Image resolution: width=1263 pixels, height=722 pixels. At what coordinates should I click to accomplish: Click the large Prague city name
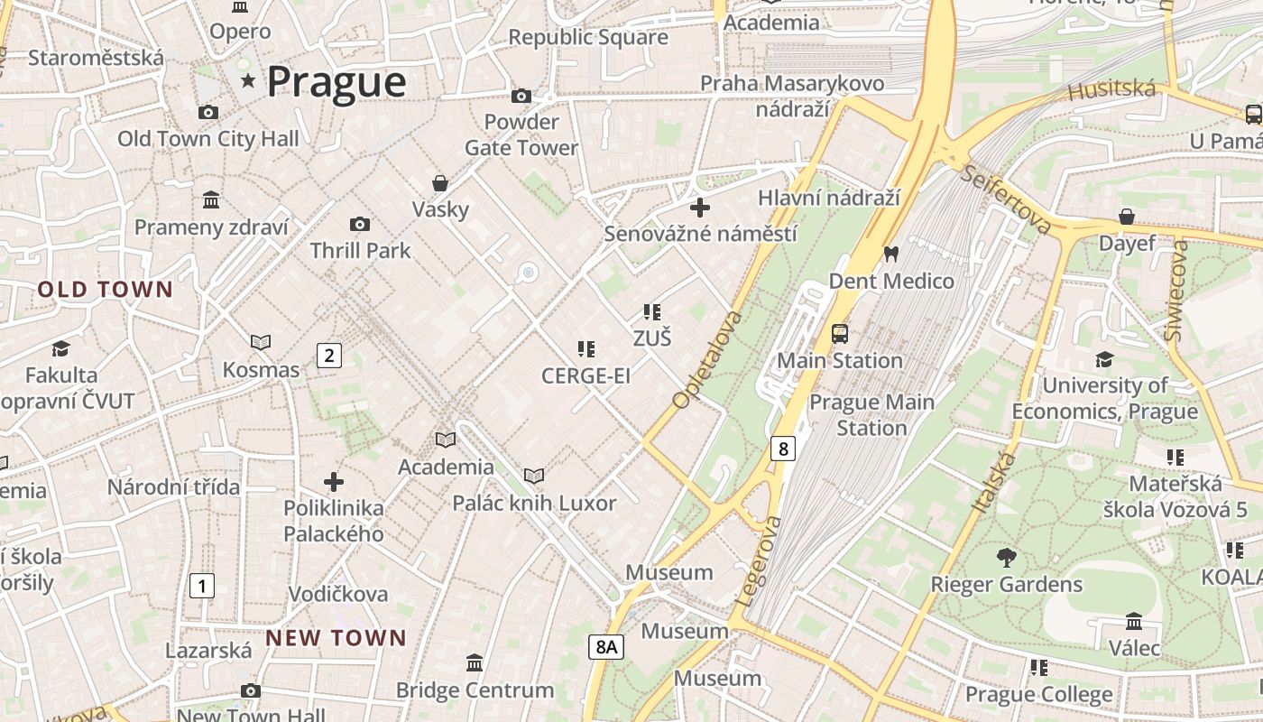pyautogui.click(x=336, y=82)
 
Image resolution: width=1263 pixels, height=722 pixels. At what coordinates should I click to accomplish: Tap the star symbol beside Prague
pyautogui.click(x=248, y=81)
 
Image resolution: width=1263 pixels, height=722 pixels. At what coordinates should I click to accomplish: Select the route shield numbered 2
pyautogui.click(x=329, y=356)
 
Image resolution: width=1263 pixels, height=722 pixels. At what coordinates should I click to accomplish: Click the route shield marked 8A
pyautogui.click(x=607, y=646)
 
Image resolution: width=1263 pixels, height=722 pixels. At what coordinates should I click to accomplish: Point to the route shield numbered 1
pyautogui.click(x=202, y=585)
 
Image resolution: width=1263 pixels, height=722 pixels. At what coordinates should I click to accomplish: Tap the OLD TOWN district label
pyautogui.click(x=105, y=290)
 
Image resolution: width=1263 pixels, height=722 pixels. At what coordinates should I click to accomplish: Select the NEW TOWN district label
pyautogui.click(x=336, y=638)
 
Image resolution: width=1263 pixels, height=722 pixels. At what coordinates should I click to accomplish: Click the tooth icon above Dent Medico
pyautogui.click(x=891, y=255)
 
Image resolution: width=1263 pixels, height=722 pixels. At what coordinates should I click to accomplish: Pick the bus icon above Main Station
pyautogui.click(x=840, y=334)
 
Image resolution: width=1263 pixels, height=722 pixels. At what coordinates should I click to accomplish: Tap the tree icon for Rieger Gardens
pyautogui.click(x=1006, y=558)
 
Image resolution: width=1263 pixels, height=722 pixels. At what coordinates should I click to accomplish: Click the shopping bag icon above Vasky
pyautogui.click(x=440, y=183)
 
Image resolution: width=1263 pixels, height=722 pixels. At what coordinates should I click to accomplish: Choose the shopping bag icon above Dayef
pyautogui.click(x=1127, y=217)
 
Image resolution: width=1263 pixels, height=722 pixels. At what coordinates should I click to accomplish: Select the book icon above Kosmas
pyautogui.click(x=261, y=342)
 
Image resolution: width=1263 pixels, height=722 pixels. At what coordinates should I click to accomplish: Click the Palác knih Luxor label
pyautogui.click(x=534, y=503)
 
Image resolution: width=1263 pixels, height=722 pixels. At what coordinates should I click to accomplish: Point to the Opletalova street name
pyautogui.click(x=707, y=359)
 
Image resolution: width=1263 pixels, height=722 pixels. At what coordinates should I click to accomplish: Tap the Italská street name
pyautogui.click(x=994, y=484)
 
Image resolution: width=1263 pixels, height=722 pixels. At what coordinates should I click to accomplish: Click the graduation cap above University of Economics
pyautogui.click(x=1104, y=360)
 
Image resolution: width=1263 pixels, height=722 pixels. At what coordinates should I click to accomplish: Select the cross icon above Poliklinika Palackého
pyautogui.click(x=334, y=482)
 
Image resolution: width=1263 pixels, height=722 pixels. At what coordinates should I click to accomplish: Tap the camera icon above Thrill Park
pyautogui.click(x=360, y=224)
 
